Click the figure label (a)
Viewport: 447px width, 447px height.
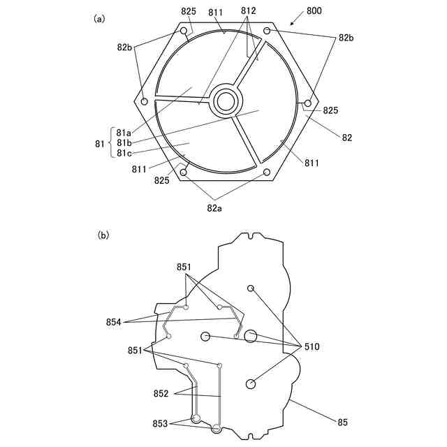click(x=100, y=20)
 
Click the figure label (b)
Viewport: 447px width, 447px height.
click(x=103, y=235)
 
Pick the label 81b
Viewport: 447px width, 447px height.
click(x=125, y=143)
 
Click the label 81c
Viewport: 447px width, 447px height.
click(x=125, y=153)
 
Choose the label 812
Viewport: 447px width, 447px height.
click(x=248, y=12)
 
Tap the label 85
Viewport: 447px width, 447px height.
click(x=342, y=422)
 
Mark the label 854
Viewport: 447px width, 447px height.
click(x=114, y=322)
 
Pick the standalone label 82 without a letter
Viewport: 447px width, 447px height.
click(x=346, y=138)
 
